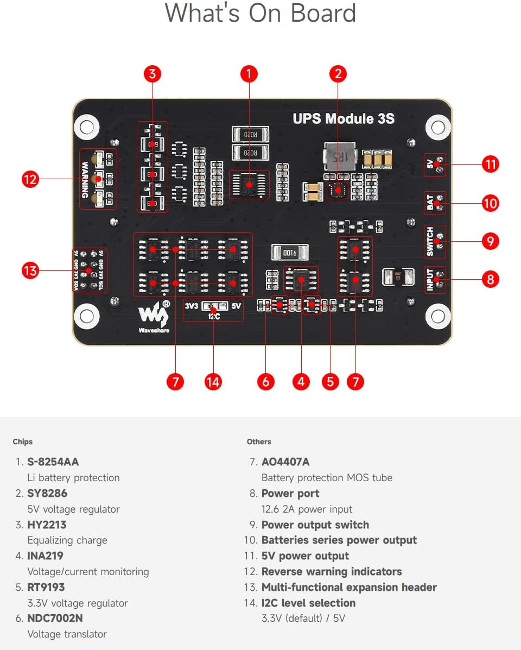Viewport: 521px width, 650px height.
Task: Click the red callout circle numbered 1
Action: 249,74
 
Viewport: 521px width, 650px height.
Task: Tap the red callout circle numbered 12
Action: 30,179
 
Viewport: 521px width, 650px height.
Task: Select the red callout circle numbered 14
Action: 213,382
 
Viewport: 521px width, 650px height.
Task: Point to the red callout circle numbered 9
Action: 490,241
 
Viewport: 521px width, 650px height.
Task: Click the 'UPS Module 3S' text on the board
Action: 344,119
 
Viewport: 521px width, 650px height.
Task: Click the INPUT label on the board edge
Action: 430,280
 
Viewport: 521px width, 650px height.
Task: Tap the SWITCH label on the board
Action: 430,242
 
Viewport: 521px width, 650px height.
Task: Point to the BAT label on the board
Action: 430,203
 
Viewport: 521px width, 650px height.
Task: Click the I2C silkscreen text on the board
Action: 213,316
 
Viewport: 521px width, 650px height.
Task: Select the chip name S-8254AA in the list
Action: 53,462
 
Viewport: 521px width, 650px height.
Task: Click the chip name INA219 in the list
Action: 45,556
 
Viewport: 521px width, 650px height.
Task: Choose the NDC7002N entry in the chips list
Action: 55,618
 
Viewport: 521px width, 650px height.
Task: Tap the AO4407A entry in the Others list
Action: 285,462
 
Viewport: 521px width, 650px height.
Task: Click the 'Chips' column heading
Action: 23,441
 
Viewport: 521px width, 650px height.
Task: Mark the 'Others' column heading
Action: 259,441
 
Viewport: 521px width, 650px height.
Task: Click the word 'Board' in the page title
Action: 323,13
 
